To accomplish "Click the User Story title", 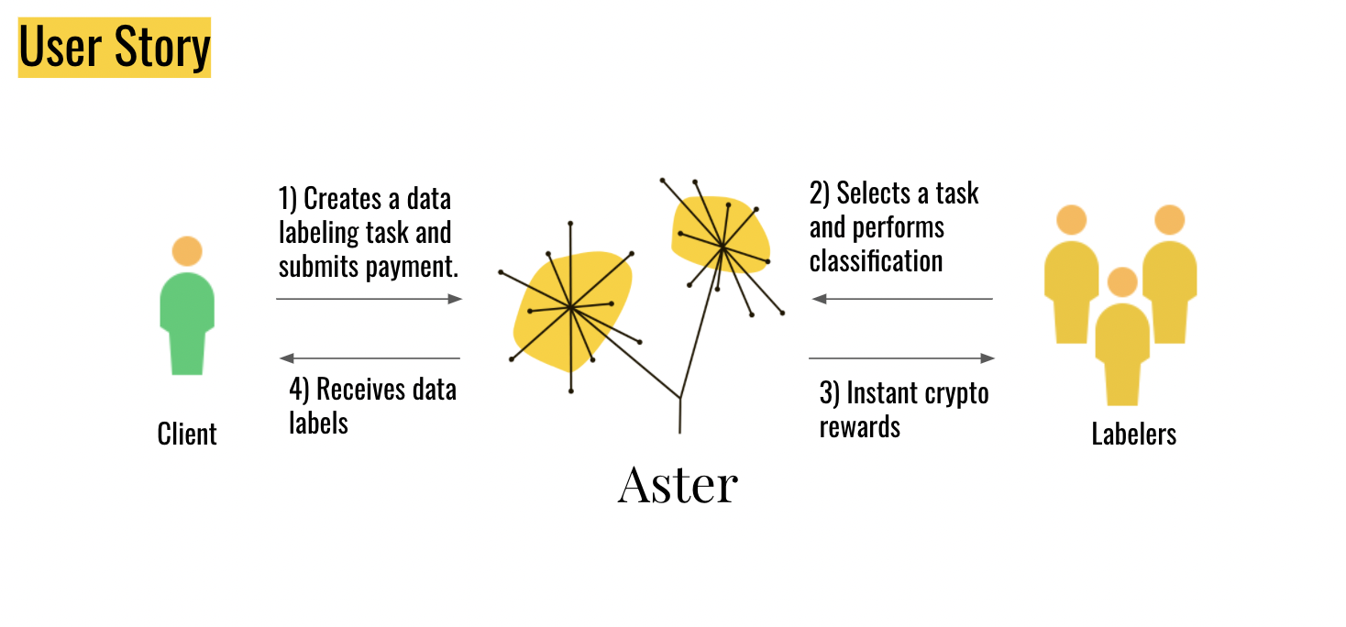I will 115,48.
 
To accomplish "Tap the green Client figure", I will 187,316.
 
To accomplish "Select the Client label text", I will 187,434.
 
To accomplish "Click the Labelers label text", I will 1133,434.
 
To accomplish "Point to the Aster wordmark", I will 678,485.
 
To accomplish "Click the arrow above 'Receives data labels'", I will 370,358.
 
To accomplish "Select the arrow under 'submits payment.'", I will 369,299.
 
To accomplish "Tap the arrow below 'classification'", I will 902,299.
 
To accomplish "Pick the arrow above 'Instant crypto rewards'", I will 902,358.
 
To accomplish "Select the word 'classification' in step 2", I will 876,261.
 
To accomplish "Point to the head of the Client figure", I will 187,251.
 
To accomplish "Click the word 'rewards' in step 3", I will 859,427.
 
